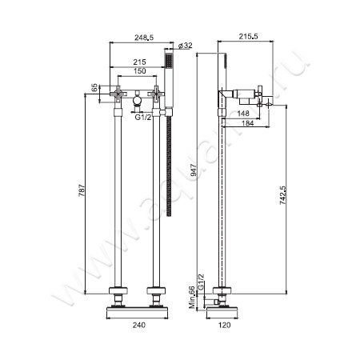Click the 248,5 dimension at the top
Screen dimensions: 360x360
point(144,38)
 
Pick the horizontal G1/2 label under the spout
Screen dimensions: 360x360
point(144,118)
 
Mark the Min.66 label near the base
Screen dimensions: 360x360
point(192,298)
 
